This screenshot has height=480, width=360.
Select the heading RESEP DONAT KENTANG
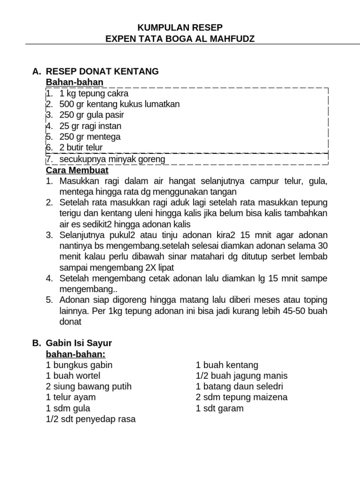pyautogui.click(x=102, y=71)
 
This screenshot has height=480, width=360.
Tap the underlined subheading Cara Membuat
pyautogui.click(x=77, y=170)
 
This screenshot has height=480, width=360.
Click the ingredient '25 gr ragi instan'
pyautogui.click(x=90, y=126)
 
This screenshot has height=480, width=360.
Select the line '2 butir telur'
pyautogui.click(x=81, y=148)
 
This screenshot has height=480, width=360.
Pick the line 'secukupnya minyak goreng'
pyautogui.click(x=112, y=159)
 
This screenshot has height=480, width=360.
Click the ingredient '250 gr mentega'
pyautogui.click(x=90, y=137)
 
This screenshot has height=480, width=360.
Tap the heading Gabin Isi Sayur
pyautogui.click(x=79, y=343)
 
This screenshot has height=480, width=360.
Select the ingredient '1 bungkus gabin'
pyautogui.click(x=79, y=365)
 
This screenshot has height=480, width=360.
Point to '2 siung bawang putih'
pyautogui.click(x=89, y=387)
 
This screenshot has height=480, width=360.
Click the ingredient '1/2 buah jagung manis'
pyautogui.click(x=241, y=376)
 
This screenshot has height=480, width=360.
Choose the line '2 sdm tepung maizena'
pyautogui.click(x=241, y=397)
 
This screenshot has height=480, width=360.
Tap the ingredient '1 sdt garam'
pyautogui.click(x=219, y=408)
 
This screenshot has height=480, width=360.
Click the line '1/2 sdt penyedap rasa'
pyautogui.click(x=90, y=419)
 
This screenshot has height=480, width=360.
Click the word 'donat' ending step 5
pyautogui.click(x=70, y=322)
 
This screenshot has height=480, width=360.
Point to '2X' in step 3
pyautogui.click(x=146, y=267)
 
